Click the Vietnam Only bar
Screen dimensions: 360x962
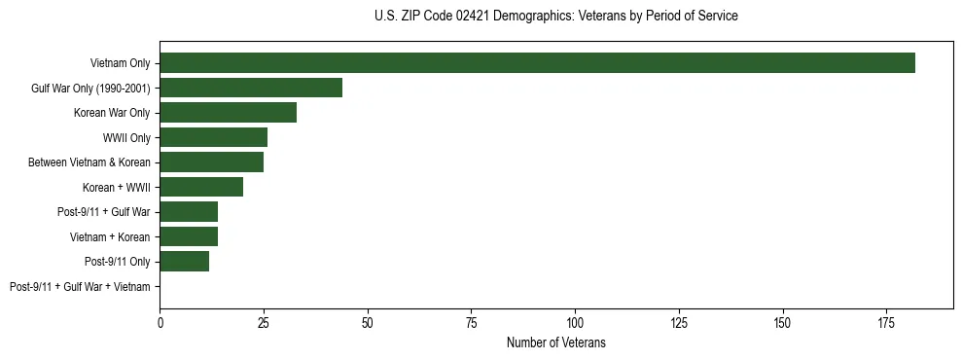pos(537,63)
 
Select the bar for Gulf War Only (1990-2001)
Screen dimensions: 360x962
pos(251,88)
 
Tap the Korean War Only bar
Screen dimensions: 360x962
pos(228,113)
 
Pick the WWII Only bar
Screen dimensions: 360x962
pos(213,137)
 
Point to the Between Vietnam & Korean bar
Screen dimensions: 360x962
pos(211,162)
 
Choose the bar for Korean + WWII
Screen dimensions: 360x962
pos(201,187)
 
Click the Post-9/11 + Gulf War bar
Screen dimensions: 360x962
pos(189,212)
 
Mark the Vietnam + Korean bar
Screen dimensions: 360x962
pos(189,236)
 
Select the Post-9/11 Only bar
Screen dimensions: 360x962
pos(184,262)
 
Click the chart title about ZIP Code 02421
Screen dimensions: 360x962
pos(555,17)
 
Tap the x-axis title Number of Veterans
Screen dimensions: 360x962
pos(555,342)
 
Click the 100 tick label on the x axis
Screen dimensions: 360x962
pos(575,322)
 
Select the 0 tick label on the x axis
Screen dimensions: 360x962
pos(160,322)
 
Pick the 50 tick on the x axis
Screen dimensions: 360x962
pos(368,322)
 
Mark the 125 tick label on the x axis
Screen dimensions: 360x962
pos(679,322)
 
